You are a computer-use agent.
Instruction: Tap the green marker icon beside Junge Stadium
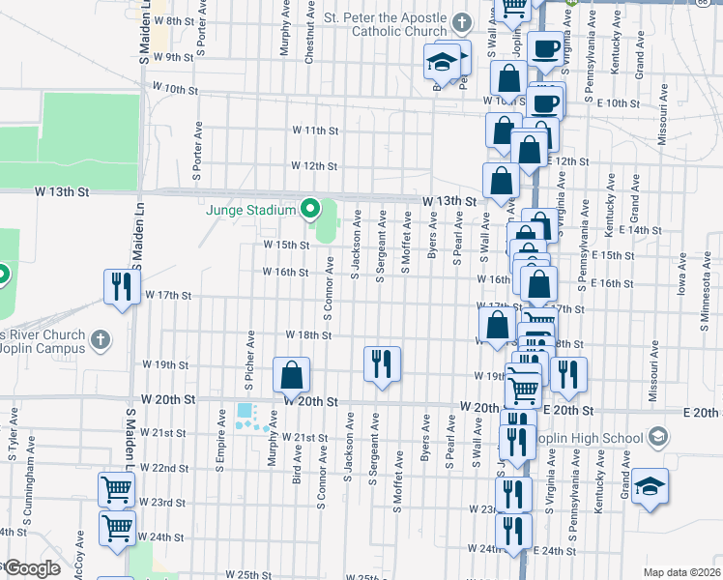click(310, 208)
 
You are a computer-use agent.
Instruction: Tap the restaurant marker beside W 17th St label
click(122, 286)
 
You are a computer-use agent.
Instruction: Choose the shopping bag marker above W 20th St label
click(291, 375)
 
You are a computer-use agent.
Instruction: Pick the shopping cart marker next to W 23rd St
click(116, 490)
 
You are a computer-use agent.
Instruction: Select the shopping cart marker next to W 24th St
click(117, 529)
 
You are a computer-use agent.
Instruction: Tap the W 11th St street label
click(315, 130)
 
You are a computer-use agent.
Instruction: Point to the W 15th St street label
click(287, 246)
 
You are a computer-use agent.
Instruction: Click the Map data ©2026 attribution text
click(680, 572)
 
